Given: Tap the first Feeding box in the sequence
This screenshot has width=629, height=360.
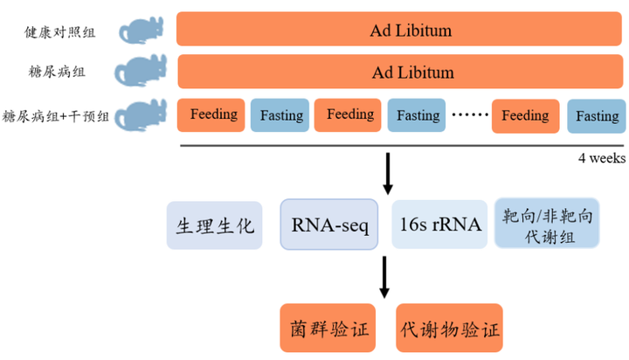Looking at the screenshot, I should pyautogui.click(x=211, y=114).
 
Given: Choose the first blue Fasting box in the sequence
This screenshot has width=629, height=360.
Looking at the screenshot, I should pyautogui.click(x=280, y=115).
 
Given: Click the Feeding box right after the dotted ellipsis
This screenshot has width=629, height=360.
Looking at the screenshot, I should pyautogui.click(x=525, y=115).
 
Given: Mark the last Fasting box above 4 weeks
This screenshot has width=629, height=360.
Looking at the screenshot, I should pyautogui.click(x=596, y=115).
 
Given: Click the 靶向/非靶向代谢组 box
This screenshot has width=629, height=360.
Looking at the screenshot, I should pyautogui.click(x=547, y=224).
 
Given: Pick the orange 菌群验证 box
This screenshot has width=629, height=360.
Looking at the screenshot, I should pyautogui.click(x=329, y=328).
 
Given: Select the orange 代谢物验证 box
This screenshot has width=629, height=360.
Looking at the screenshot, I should pyautogui.click(x=449, y=328).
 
